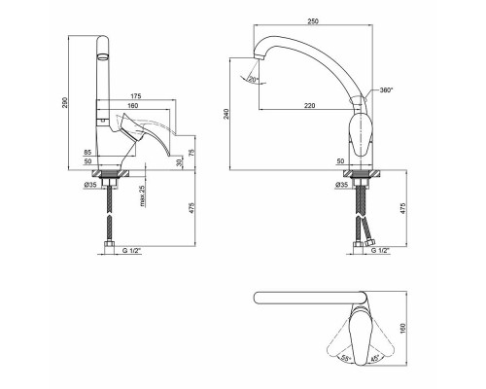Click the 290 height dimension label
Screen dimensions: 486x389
[x=64, y=102]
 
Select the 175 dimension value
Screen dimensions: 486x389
[x=136, y=96]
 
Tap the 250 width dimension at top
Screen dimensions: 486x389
[x=313, y=21]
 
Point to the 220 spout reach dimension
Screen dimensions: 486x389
[x=309, y=105]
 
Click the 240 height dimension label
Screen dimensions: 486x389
[x=226, y=114]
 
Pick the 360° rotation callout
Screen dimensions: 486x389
[x=386, y=90]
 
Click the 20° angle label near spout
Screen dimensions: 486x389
[x=253, y=79]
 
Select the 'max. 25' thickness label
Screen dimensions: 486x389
[x=143, y=196]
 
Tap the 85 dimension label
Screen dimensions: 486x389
[x=87, y=152]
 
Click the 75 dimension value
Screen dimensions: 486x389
[x=191, y=152]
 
